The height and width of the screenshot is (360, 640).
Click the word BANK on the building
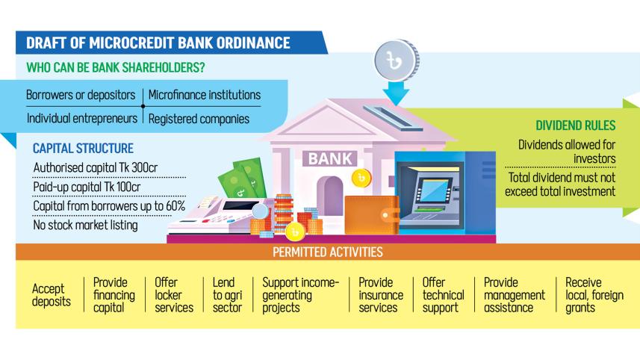(x=327, y=158)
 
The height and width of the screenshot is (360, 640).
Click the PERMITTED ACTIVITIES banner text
(x=329, y=252)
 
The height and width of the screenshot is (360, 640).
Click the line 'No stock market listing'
(x=86, y=224)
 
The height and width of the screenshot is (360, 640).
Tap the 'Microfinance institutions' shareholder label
(x=205, y=96)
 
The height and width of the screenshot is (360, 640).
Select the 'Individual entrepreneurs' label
(x=82, y=118)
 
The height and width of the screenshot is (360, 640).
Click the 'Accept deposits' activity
(x=52, y=295)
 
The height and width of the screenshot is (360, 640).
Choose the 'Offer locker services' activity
(x=174, y=295)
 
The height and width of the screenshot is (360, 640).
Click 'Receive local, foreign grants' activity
(x=594, y=295)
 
